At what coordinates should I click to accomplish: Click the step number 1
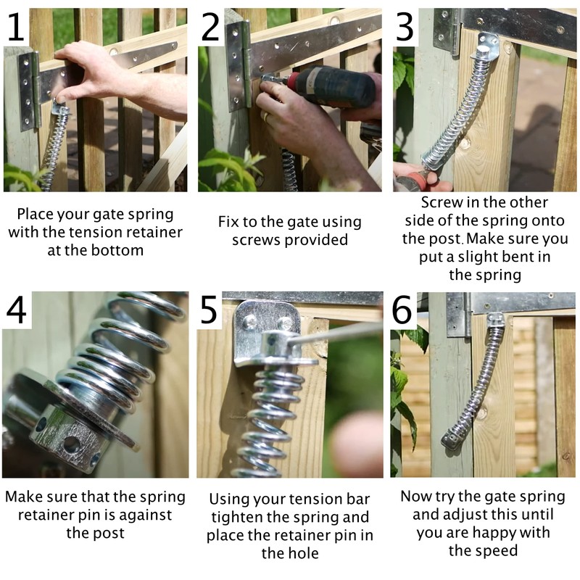[16, 26]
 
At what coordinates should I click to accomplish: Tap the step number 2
[211, 27]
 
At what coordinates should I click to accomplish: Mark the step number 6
[405, 310]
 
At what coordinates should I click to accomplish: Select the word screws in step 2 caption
[253, 240]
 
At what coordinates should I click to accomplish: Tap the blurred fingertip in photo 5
[355, 442]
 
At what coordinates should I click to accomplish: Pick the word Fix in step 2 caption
[230, 222]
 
